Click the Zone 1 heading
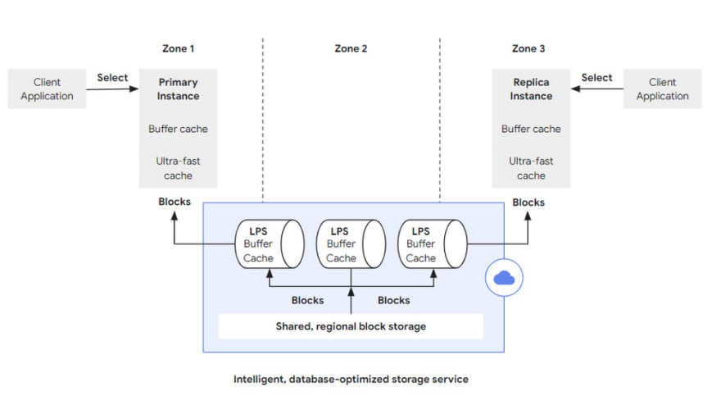click(x=178, y=48)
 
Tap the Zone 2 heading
click(x=351, y=48)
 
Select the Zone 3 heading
click(x=528, y=48)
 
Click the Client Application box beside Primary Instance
click(x=47, y=89)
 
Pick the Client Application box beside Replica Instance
click(x=662, y=89)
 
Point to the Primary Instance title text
click(x=178, y=89)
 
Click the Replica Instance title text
click(x=531, y=89)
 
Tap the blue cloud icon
click(x=504, y=277)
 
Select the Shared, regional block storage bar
click(x=351, y=326)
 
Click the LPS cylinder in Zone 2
click(x=351, y=243)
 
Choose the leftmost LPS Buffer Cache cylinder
click(x=270, y=243)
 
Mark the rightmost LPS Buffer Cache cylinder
click(x=433, y=243)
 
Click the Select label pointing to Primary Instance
click(x=112, y=77)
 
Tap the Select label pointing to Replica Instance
click(x=596, y=77)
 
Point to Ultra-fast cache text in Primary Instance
click(x=178, y=168)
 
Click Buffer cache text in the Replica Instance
click(x=531, y=129)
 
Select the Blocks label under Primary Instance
click(x=175, y=202)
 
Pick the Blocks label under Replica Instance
click(x=528, y=202)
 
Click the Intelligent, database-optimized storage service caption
click(x=351, y=379)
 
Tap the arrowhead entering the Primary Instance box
click(x=134, y=89)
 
